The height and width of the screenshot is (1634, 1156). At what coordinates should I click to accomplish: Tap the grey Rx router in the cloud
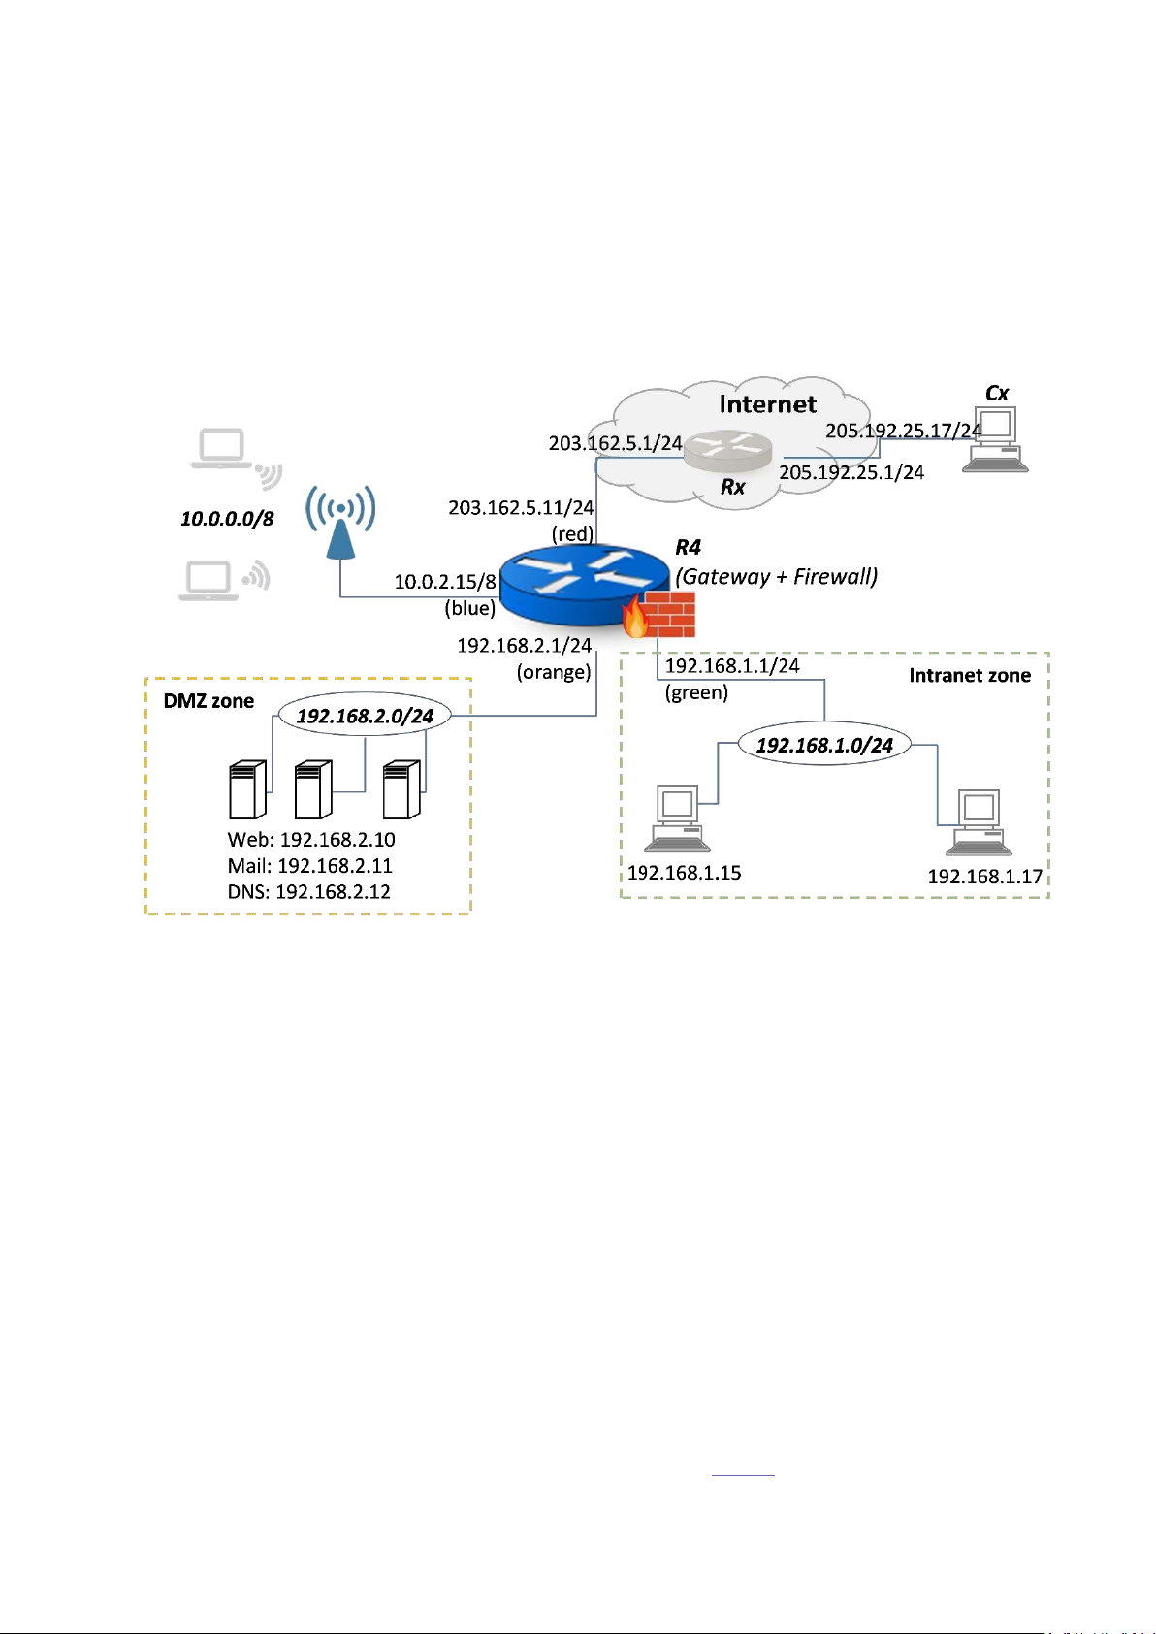coord(727,452)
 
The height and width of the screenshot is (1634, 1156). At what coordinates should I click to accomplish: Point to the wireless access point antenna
coord(340,524)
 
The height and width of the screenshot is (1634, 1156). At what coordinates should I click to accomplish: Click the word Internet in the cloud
coord(768,404)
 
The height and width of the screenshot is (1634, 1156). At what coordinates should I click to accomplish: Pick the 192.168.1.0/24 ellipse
coord(824,745)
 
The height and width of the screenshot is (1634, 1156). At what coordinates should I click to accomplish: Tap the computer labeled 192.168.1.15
coord(677,819)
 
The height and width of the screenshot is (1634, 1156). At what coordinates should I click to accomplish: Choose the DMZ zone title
coord(209,701)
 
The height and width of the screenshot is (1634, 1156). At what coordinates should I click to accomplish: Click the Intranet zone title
coord(970,676)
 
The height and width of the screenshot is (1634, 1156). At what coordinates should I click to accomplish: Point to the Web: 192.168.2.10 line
coord(311,840)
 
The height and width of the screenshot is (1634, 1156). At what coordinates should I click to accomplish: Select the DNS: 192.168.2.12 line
coord(309,892)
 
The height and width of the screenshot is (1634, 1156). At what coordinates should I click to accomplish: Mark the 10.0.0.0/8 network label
coord(227,519)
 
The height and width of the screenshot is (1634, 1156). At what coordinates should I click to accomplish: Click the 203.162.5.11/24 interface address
coord(521,507)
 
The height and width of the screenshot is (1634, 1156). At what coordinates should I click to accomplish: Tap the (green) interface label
coord(696,692)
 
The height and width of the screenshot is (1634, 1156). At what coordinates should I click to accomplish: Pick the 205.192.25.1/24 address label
coord(851,472)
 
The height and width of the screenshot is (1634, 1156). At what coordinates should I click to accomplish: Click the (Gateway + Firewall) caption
coord(777,576)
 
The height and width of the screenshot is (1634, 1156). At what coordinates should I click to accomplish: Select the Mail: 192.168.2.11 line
coord(310,866)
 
